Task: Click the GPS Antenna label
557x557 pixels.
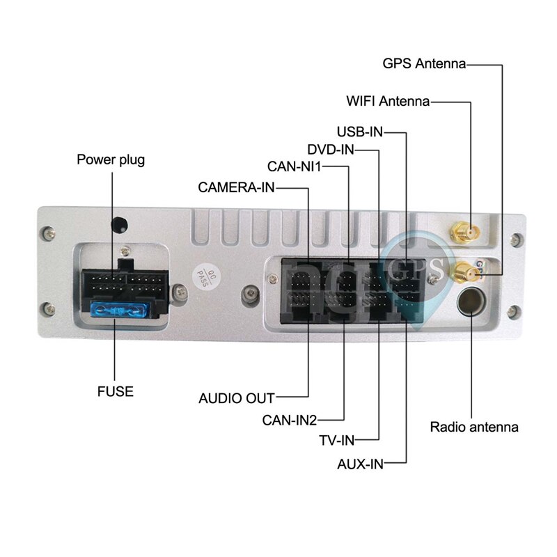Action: coord(424,64)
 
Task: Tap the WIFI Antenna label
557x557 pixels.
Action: coord(388,101)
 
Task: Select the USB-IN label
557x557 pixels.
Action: coord(360,132)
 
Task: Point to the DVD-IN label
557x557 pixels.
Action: coord(331,149)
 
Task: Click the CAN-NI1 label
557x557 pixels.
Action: coord(295,166)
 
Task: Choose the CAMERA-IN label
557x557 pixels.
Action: coord(237,187)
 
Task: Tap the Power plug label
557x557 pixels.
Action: coord(111,160)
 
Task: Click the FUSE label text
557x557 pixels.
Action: coord(115,391)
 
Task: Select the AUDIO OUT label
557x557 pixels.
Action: coord(237,399)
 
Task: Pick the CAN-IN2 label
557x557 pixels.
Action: coord(290,420)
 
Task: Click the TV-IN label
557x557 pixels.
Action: coord(337,440)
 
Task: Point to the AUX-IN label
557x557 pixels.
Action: coord(360,463)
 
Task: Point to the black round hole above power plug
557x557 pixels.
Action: coord(120,225)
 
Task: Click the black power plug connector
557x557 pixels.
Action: coord(124,285)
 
